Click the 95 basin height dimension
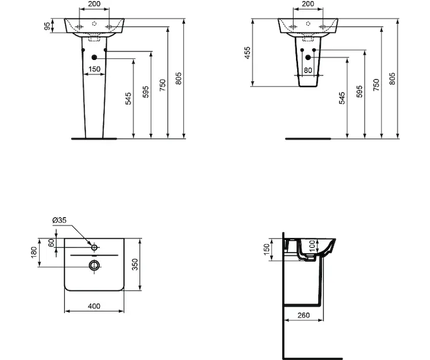coord(47,26)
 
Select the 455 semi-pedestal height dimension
coord(247,53)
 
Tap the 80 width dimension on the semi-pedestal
coord(307,70)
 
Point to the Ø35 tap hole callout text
coord(59,220)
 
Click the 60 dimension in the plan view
coord(51,242)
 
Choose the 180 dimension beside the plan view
coord(34,253)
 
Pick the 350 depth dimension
coord(135,265)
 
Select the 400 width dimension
coord(94,306)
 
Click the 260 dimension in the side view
coord(303,316)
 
